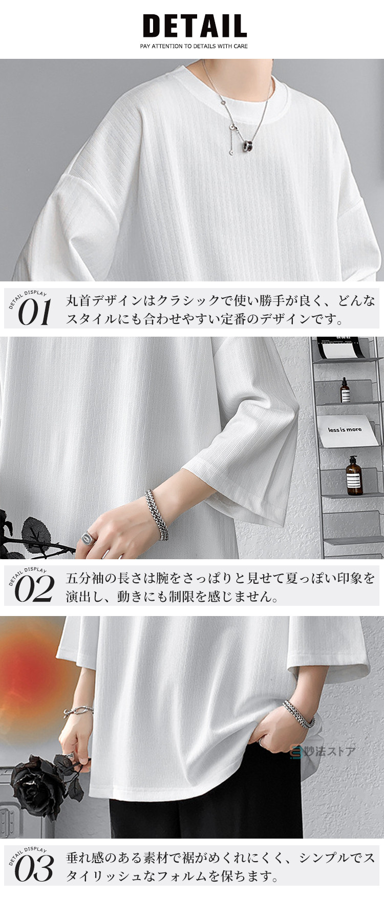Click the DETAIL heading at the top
pyautogui.click(x=195, y=26)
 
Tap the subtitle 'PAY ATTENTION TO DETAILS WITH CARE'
pyautogui.click(x=194, y=46)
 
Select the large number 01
pyautogui.click(x=35, y=312)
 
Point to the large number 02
pyautogui.click(x=34, y=588)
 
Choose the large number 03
pyautogui.click(x=34, y=868)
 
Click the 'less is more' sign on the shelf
pyautogui.click(x=345, y=430)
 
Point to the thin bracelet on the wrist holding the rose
pyautogui.click(x=78, y=711)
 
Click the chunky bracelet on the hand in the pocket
pyautogui.click(x=299, y=714)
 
